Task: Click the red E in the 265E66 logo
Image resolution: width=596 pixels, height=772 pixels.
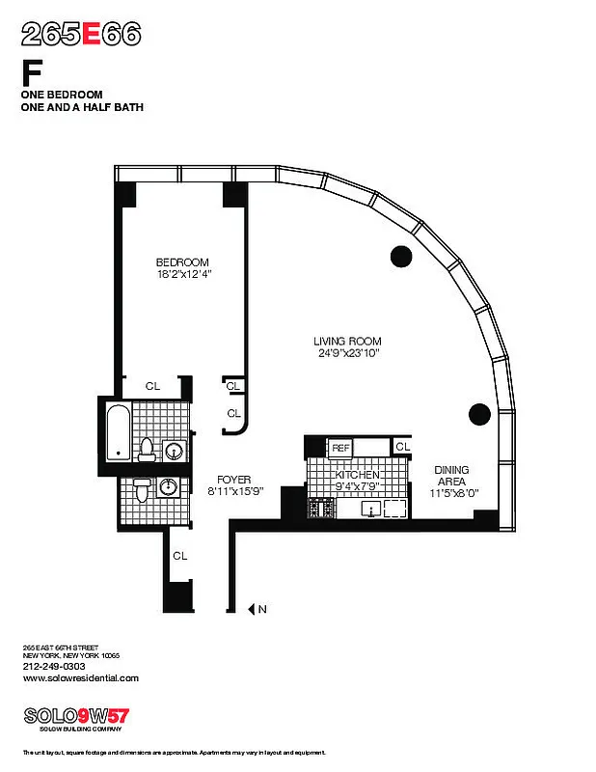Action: [92, 35]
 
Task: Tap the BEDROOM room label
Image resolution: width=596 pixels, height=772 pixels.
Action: [182, 262]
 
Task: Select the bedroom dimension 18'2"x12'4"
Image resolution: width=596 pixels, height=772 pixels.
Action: [182, 274]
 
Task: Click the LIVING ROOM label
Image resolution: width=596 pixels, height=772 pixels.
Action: [347, 341]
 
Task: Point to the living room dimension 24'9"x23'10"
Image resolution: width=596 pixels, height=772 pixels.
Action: [347, 353]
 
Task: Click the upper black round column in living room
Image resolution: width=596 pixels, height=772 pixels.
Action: [400, 256]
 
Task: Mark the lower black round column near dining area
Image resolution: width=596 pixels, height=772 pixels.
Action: [479, 414]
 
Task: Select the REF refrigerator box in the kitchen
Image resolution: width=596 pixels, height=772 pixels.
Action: [340, 448]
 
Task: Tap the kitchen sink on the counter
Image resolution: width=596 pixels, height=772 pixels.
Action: [373, 509]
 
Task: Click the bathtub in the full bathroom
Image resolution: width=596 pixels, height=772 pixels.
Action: [117, 432]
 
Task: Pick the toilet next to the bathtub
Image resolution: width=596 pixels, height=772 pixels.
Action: [148, 449]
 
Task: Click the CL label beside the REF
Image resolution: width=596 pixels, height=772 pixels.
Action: [402, 447]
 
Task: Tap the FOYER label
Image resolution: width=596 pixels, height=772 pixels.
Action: [233, 479]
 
